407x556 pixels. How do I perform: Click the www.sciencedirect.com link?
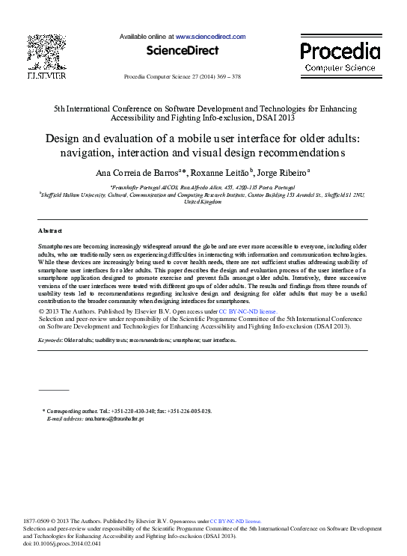(x=210, y=36)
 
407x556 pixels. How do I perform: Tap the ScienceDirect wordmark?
(x=183, y=51)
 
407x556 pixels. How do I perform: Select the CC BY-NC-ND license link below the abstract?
(x=247, y=310)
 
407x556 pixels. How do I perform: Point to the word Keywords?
(x=50, y=340)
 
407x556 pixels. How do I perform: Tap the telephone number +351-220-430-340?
(x=135, y=411)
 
